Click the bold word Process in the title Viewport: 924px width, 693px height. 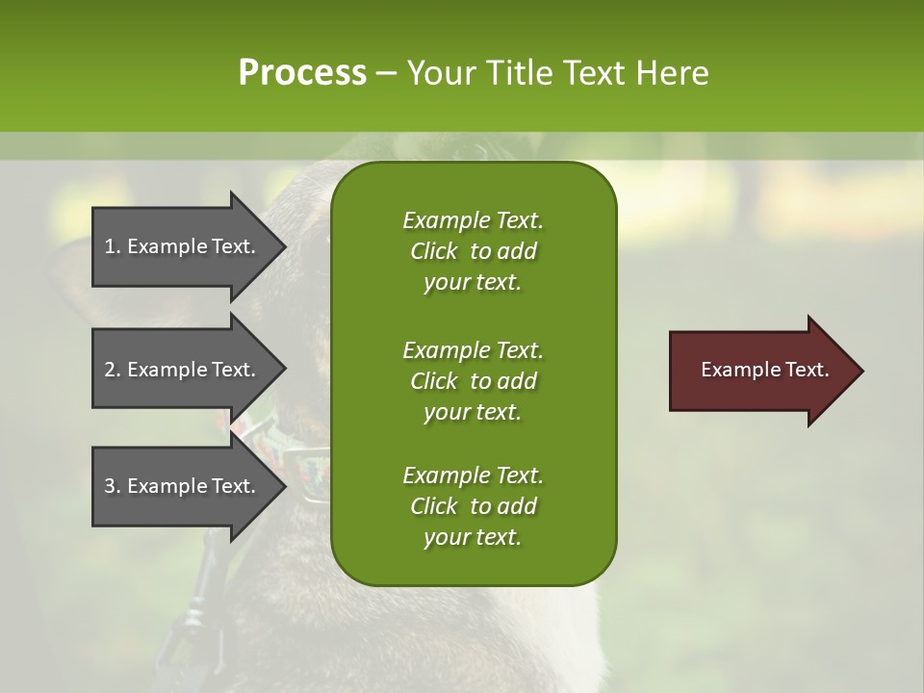[302, 73]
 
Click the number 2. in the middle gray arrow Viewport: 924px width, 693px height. [113, 370]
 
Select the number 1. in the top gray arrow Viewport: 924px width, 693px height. [113, 246]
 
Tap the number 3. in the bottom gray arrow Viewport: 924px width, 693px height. [113, 486]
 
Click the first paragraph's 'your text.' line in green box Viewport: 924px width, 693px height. [473, 283]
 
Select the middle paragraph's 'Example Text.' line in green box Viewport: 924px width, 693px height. [473, 349]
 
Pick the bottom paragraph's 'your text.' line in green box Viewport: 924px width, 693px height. [473, 538]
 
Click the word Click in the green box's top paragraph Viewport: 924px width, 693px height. [434, 251]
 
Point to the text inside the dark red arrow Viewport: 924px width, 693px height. [765, 370]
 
